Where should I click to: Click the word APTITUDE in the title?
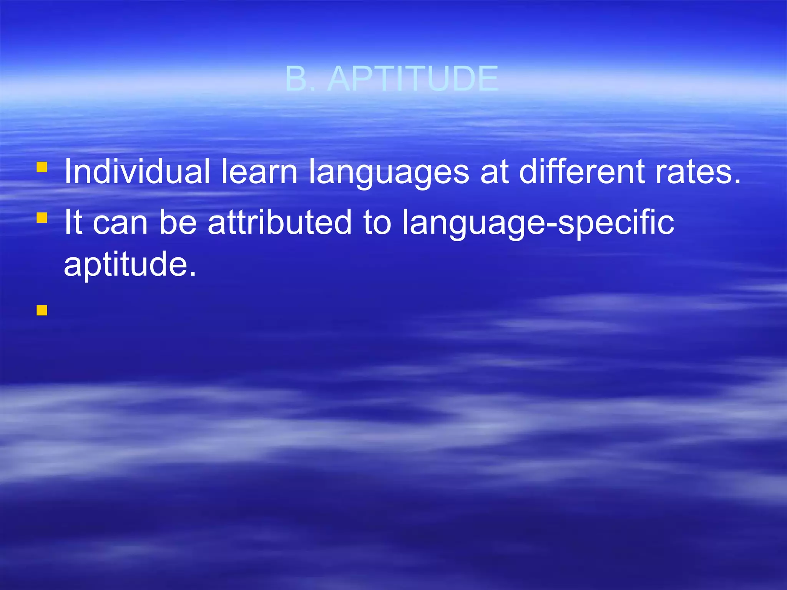coord(413,79)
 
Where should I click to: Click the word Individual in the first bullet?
coord(137,172)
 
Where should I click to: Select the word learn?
coord(259,172)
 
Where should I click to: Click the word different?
coord(581,172)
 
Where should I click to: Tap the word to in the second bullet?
coord(377,223)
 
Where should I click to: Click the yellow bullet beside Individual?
coord(42,167)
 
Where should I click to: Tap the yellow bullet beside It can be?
coord(42,218)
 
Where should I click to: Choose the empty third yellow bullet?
coord(42,310)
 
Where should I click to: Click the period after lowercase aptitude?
coord(193,273)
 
